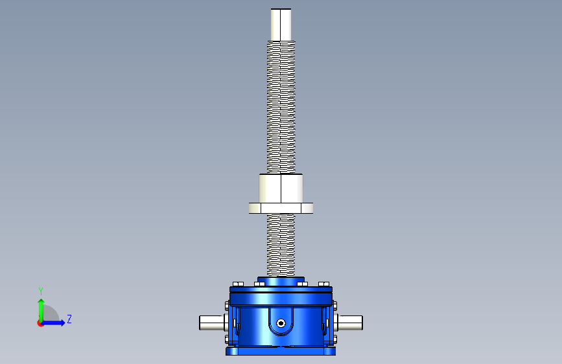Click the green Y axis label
40,291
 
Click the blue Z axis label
69,319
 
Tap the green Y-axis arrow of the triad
41,310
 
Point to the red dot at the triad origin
40,323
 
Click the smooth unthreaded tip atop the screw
281,25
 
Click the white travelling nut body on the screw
281,188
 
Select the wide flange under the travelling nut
281,208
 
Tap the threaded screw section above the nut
281,107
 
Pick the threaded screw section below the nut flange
281,245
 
